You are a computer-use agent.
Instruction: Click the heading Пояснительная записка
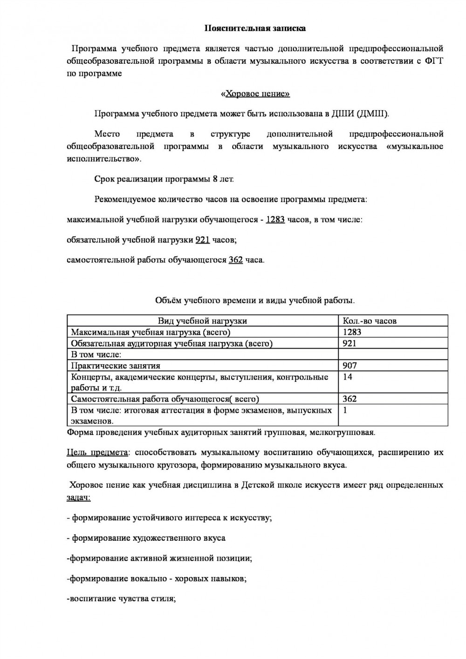coord(255,28)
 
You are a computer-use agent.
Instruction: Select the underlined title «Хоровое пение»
coord(255,94)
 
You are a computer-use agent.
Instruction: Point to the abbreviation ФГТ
coord(434,61)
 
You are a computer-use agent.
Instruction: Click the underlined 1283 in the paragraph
coord(275,219)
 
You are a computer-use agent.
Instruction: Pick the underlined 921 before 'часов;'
coord(202,240)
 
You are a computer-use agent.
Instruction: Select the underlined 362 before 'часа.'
coord(235,260)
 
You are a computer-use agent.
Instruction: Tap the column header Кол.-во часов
coord(370,320)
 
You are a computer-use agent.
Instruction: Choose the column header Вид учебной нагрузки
coord(202,320)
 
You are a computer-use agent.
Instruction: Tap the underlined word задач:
coord(78,497)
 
